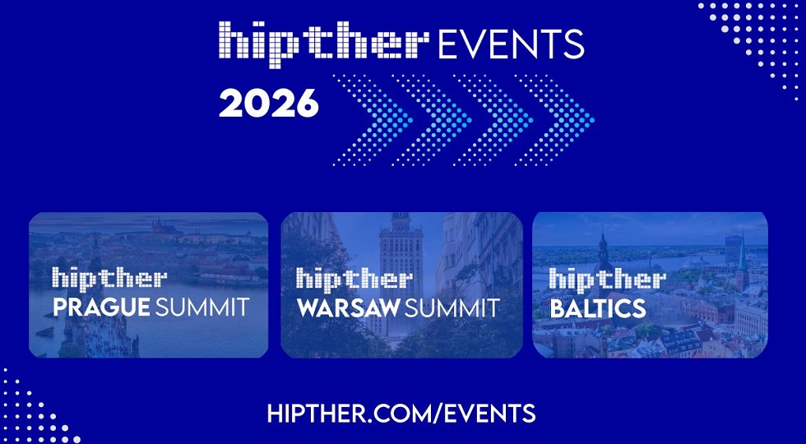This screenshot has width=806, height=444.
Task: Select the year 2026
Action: coord(268,104)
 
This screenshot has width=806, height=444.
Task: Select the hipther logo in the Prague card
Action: coord(110,279)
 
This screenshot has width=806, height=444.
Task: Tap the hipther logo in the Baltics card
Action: coord(607,279)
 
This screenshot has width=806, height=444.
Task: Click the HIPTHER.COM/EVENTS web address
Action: coord(401,413)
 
